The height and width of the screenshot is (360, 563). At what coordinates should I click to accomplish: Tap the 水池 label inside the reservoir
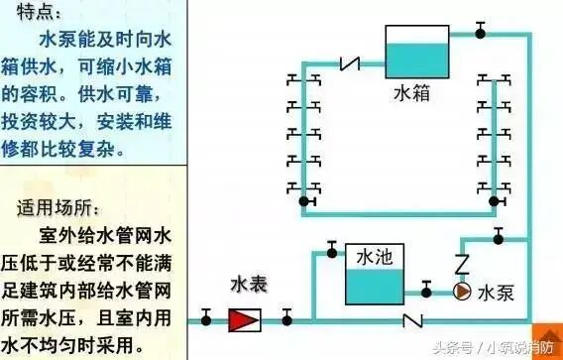tap(374, 257)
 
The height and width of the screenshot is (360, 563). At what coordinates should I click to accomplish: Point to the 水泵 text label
tap(496, 294)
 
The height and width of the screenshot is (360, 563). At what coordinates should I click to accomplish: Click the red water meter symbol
tap(244, 320)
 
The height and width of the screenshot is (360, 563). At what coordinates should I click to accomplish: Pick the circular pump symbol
tap(461, 292)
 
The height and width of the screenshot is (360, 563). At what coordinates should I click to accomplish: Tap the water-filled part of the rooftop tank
tap(416, 60)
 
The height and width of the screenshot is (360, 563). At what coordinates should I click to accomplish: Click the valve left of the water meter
tap(206, 317)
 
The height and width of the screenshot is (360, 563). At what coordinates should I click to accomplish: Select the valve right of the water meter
tap(286, 317)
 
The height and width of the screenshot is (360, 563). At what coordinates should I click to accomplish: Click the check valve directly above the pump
tap(461, 265)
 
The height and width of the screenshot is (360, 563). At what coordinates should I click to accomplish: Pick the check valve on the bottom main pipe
tap(408, 320)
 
